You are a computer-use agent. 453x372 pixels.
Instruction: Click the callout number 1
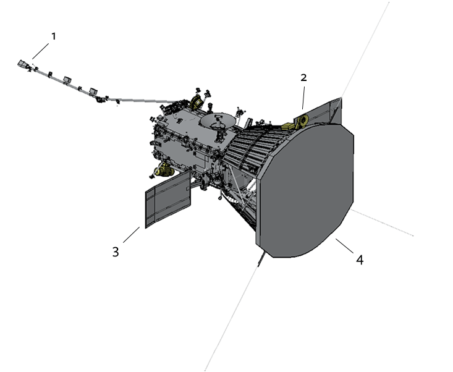53,36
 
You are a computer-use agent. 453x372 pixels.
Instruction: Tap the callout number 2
303,77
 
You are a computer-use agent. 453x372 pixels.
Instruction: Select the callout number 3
116,252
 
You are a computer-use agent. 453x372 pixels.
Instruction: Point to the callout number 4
360,260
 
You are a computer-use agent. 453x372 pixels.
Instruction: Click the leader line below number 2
303,98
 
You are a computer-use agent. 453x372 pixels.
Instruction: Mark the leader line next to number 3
132,235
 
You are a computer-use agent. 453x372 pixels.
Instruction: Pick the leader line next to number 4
344,246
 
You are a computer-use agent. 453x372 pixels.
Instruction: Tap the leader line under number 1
40,51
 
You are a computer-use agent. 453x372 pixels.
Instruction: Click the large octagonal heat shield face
306,190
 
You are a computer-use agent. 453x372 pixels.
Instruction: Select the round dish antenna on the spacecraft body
218,120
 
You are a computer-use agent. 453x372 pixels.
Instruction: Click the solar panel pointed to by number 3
168,199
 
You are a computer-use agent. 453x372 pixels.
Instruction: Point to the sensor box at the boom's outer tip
22,64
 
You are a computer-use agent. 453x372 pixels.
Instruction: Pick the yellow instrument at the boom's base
197,101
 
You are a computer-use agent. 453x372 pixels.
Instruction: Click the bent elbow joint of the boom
101,99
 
